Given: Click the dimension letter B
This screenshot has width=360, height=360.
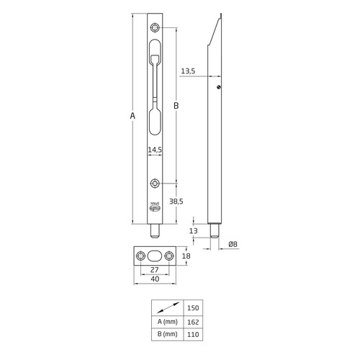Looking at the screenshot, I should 176,106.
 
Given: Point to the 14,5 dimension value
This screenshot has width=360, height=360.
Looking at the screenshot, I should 154,150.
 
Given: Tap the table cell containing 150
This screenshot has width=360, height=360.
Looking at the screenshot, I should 194,307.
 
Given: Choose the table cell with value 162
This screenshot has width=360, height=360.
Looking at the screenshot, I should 194,321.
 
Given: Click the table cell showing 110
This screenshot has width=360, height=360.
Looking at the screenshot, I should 194,335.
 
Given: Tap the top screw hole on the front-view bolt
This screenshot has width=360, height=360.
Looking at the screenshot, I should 156,28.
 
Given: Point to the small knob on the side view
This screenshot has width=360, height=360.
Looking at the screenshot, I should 218,88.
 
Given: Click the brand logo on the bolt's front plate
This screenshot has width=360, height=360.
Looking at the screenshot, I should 156,206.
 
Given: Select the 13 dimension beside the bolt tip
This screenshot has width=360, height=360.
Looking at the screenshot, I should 194,231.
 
